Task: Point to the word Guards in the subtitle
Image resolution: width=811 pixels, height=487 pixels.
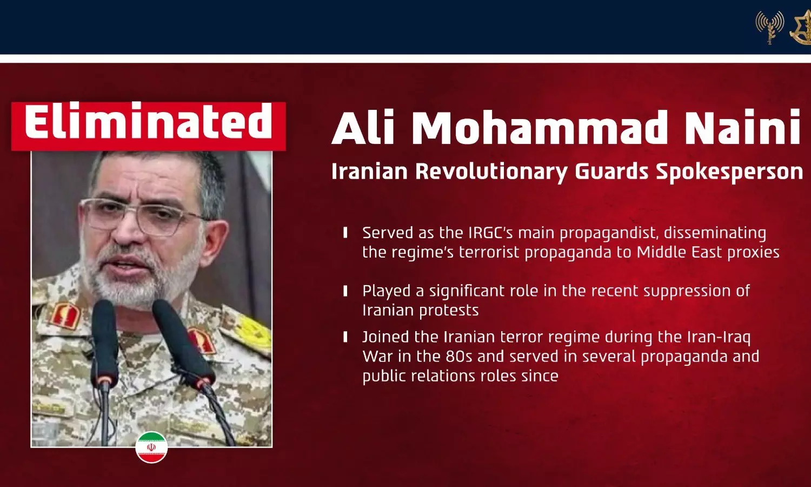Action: pos(611,172)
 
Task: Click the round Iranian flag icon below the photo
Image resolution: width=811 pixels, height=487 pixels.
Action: pos(151,447)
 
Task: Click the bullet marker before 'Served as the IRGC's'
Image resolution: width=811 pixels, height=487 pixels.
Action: pos(345,233)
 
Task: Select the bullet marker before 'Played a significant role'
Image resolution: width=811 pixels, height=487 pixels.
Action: pos(345,291)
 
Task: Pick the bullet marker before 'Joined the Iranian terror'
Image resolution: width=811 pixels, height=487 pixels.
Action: pos(345,337)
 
